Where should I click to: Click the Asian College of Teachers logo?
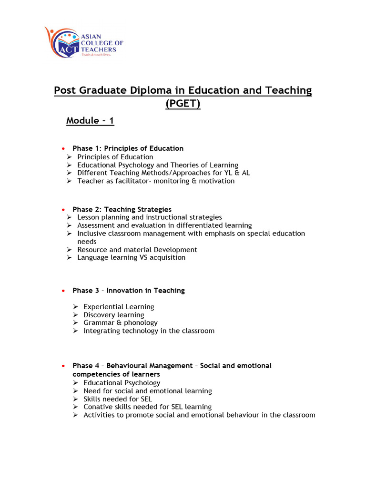tap(84, 43)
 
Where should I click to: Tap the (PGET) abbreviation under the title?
tap(183, 104)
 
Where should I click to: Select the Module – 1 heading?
tap(90, 120)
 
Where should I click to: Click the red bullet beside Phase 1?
tap(63, 148)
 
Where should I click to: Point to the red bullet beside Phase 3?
tap(63, 291)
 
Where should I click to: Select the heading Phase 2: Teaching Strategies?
tap(122, 209)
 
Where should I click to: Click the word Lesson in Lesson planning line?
tap(88, 217)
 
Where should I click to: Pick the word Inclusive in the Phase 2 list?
tap(93, 234)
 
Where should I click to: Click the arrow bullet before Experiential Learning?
tap(76, 307)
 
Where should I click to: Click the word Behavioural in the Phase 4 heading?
tap(130, 365)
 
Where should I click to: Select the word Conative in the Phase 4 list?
tap(98, 407)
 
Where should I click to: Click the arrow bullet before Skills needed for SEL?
tap(76, 399)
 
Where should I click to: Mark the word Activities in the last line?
tap(99, 415)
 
